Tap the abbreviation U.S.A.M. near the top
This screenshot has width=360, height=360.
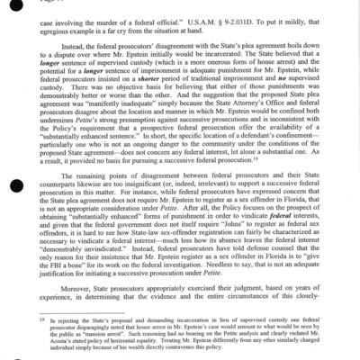(237, 19)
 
